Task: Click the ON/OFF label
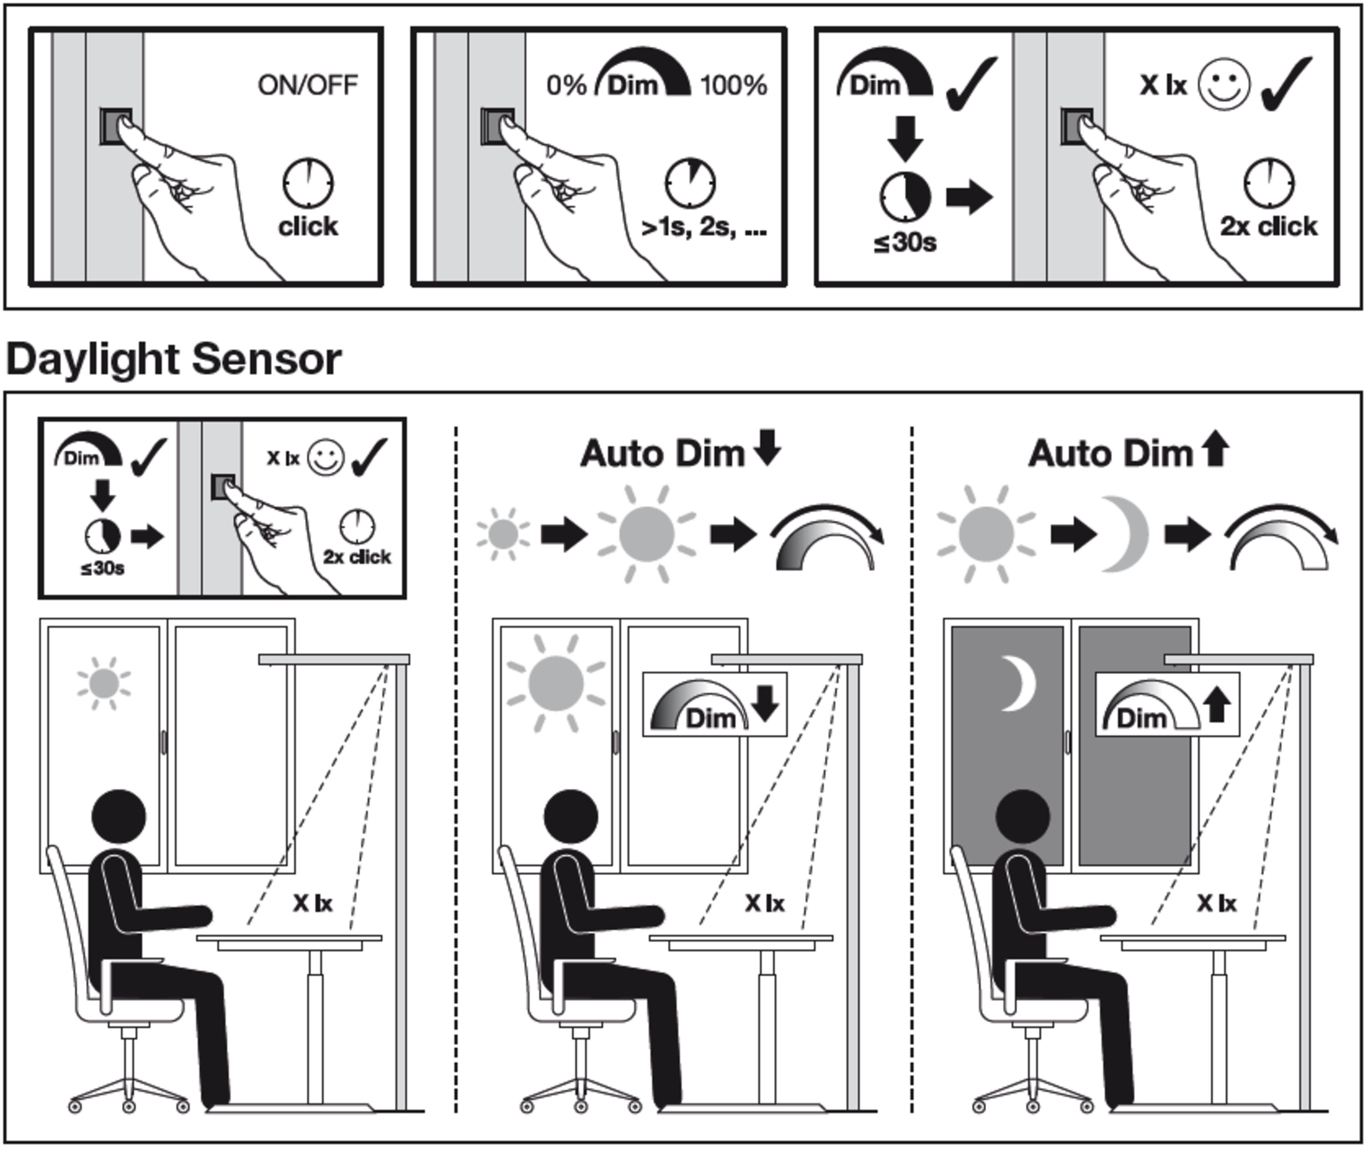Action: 307,85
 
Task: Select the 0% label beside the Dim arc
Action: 565,85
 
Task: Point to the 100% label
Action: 734,85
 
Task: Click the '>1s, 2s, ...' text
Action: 704,228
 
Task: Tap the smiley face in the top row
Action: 1224,85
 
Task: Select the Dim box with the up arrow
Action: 1167,705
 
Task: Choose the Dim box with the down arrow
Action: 715,705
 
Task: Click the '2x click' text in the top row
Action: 1268,226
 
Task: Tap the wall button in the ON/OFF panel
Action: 115,126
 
